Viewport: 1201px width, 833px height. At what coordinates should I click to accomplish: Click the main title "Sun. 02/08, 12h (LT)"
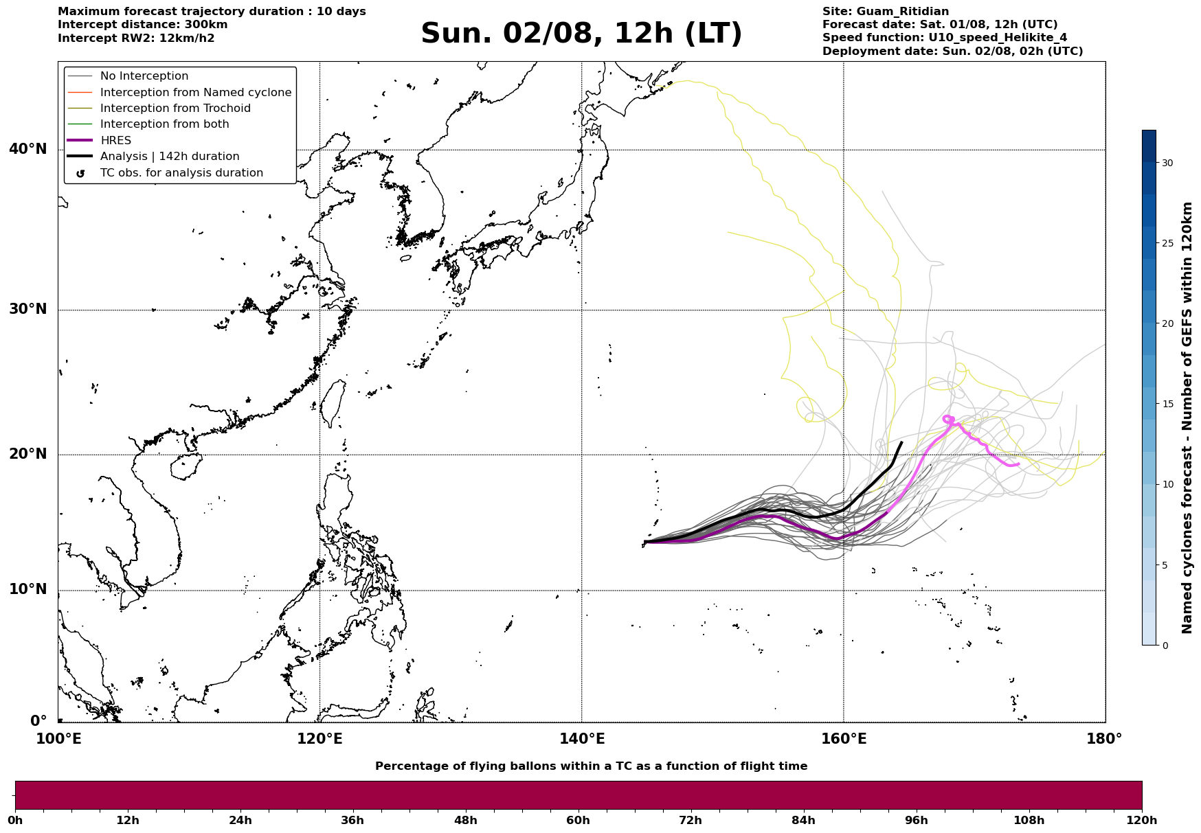581,34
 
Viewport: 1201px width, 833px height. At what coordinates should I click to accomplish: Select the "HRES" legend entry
115,141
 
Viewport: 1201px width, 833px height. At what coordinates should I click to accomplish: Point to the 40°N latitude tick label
28,149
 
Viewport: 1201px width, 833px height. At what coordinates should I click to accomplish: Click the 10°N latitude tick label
28,590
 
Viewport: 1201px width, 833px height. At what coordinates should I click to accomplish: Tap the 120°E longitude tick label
319,739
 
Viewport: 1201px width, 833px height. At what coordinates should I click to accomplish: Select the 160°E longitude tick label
844,739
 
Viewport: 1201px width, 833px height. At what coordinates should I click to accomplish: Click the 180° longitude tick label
1104,739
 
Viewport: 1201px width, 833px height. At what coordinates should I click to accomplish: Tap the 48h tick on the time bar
465,820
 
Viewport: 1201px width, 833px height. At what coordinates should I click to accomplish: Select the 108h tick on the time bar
1029,820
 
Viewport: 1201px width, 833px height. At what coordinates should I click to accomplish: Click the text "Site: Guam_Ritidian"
886,12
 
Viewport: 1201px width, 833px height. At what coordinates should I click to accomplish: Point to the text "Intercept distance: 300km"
143,25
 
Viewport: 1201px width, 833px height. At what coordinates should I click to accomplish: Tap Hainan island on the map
183,468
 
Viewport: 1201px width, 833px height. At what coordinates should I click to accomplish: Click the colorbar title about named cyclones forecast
1187,418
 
